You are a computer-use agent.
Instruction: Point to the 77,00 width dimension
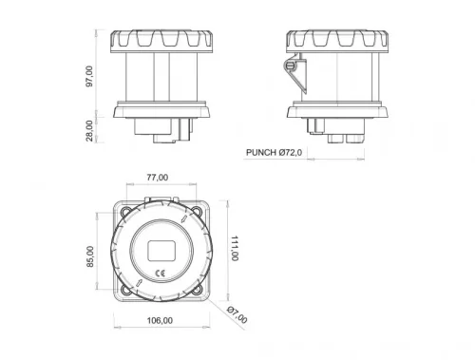[158, 178]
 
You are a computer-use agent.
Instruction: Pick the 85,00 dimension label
[91, 257]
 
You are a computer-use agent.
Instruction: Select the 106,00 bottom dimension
[160, 320]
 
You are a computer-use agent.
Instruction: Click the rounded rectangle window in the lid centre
[161, 251]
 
